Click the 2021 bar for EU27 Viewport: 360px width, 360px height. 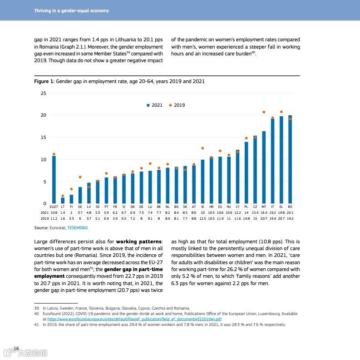click(x=54, y=180)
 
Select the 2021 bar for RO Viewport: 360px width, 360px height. click(x=290, y=160)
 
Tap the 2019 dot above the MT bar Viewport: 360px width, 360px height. click(x=264, y=112)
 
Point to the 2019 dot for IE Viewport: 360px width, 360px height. click(x=202, y=148)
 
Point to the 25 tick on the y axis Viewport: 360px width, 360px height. click(x=44, y=93)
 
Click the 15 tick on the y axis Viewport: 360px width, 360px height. click(x=44, y=138)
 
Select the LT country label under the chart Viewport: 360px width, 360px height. click(x=63, y=207)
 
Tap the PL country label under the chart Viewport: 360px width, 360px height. click(x=246, y=207)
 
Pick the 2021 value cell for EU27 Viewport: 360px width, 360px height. click(x=54, y=212)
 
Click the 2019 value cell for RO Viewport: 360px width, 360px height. click(x=290, y=218)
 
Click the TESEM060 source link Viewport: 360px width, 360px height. click(x=77, y=227)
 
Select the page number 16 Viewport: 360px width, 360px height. click(x=16, y=348)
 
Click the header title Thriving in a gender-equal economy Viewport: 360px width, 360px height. click(x=71, y=10)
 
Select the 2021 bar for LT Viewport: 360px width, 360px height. click(x=63, y=201)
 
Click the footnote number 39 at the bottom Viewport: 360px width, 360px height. click(x=36, y=308)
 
